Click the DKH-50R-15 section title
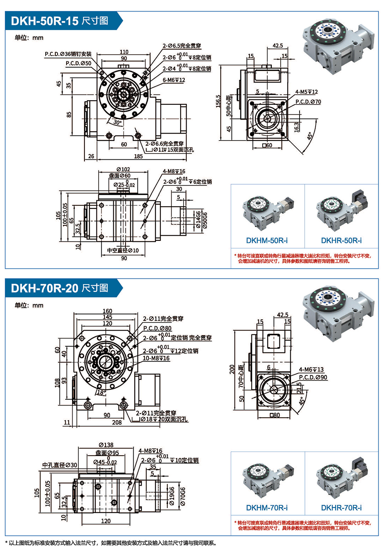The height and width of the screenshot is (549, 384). coord(60,21)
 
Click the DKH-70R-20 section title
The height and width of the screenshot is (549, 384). coord(60,288)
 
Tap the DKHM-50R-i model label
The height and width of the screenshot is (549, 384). coord(267,241)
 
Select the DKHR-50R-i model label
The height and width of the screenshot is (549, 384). coord(341,241)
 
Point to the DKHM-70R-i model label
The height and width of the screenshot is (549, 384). coord(267,508)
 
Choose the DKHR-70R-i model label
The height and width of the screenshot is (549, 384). coord(341,508)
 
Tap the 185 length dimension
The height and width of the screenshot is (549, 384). coord(138,156)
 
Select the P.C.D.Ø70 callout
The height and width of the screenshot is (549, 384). coord(308,102)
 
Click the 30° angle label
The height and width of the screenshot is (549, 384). coord(118,122)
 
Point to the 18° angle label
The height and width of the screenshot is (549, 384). coord(101,392)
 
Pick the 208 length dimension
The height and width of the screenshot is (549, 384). coord(117,422)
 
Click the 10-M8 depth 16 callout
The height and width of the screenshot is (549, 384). coord(156,358)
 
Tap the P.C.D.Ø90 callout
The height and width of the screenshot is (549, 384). coord(313,377)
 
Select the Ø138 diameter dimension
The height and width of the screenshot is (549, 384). coord(106,445)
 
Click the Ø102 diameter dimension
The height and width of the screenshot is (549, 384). coord(123,169)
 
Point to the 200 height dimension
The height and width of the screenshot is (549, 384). coord(232,369)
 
